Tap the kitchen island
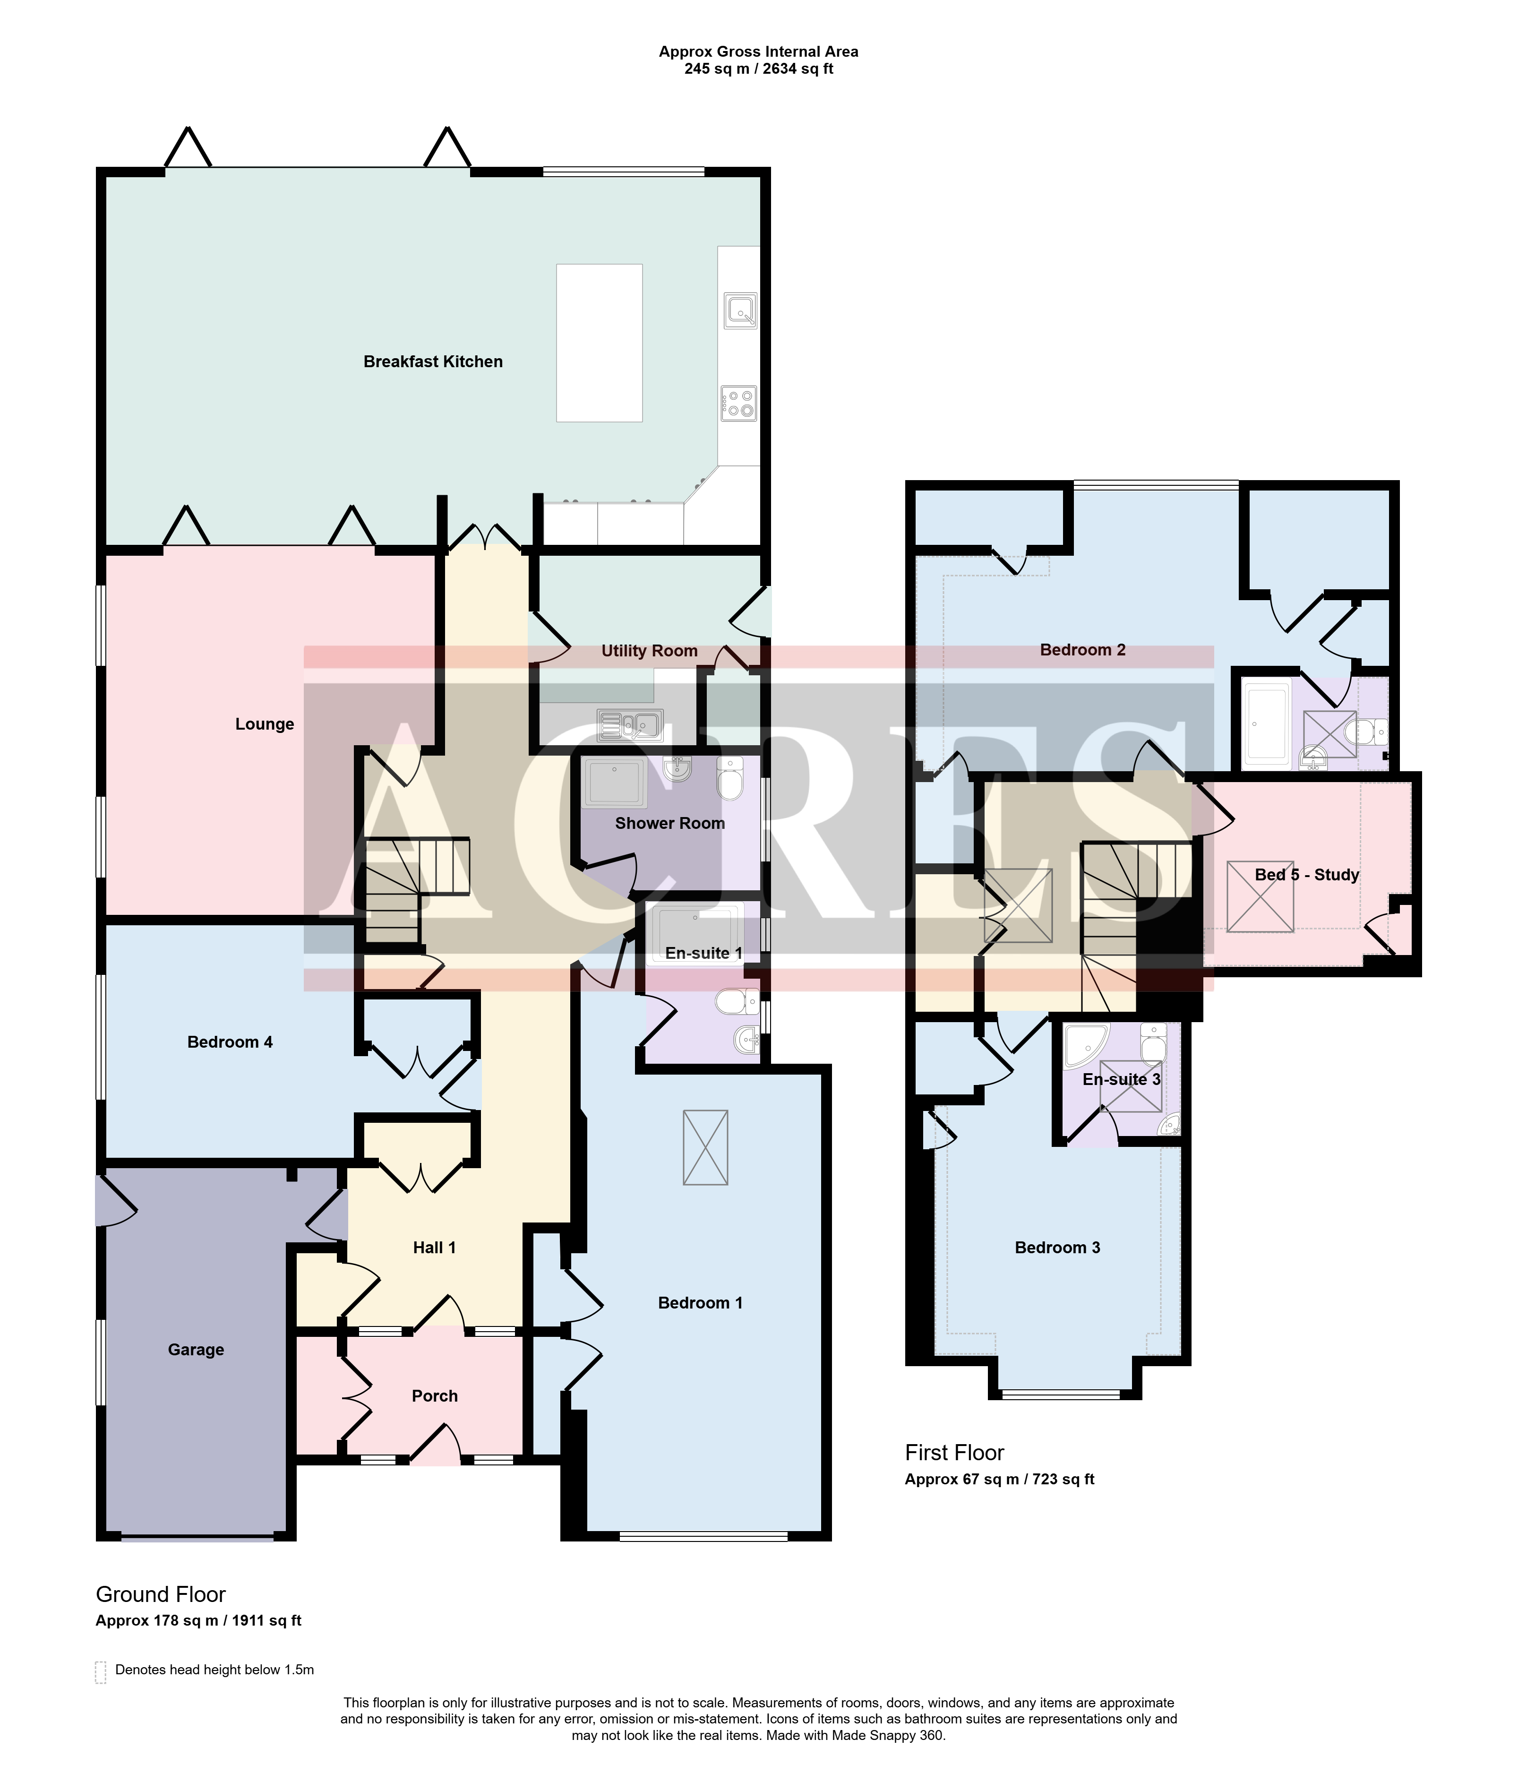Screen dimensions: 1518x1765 tap(599, 343)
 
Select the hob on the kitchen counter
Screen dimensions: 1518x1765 tap(738, 403)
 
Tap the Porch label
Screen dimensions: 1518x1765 tap(435, 1395)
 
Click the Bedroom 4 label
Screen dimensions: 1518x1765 tap(230, 1042)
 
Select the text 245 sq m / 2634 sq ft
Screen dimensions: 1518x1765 tap(758, 69)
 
